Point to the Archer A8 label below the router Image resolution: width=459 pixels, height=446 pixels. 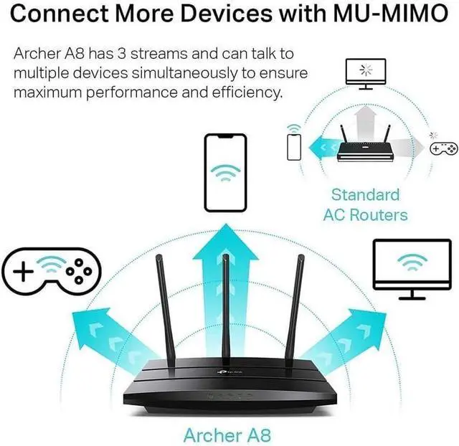(x=227, y=435)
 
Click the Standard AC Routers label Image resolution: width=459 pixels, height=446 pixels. (x=365, y=204)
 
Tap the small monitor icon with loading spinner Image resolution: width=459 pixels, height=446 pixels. (x=366, y=74)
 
